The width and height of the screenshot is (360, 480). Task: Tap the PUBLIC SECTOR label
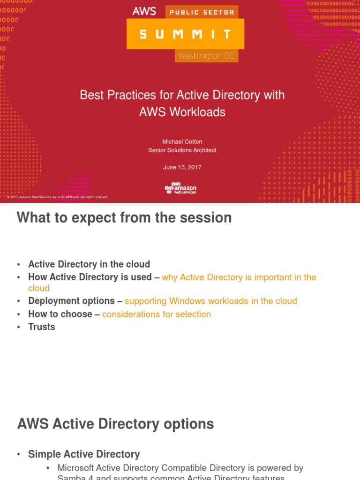click(202, 12)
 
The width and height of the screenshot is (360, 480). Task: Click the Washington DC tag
click(206, 56)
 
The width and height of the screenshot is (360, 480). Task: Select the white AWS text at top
click(144, 11)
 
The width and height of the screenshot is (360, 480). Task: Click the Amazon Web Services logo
click(180, 187)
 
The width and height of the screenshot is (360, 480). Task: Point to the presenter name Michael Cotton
click(182, 142)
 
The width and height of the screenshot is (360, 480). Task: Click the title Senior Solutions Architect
click(182, 150)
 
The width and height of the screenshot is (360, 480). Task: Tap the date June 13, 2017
click(182, 167)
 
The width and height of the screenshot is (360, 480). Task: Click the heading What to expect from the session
click(124, 218)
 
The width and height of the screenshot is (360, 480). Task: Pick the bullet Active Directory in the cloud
click(89, 264)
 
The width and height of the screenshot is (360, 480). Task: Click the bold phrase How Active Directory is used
click(90, 277)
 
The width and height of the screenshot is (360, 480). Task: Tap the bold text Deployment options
click(71, 301)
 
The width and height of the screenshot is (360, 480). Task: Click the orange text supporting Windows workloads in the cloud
click(210, 301)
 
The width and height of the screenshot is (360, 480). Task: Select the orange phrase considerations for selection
click(157, 314)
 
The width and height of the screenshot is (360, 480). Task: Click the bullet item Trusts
click(42, 327)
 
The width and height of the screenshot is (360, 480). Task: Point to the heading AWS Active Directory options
click(115, 424)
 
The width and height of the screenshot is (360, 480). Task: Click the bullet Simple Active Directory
click(84, 454)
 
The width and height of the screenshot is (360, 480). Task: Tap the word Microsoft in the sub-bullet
click(75, 468)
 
